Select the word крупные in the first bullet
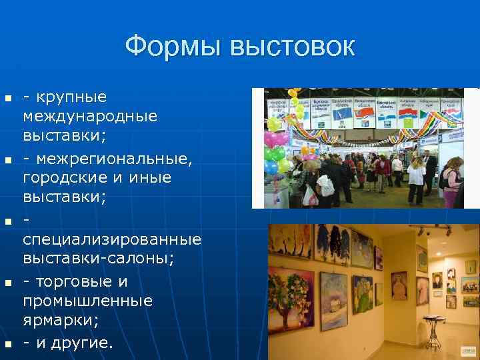pyautogui.click(x=74, y=97)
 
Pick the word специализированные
pyautogui.click(x=112, y=239)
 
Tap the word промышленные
pyautogui.click(x=87, y=301)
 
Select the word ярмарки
pyautogui.click(x=61, y=320)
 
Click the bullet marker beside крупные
pyautogui.click(x=8, y=99)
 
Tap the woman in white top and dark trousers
pyautogui.click(x=416, y=177)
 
